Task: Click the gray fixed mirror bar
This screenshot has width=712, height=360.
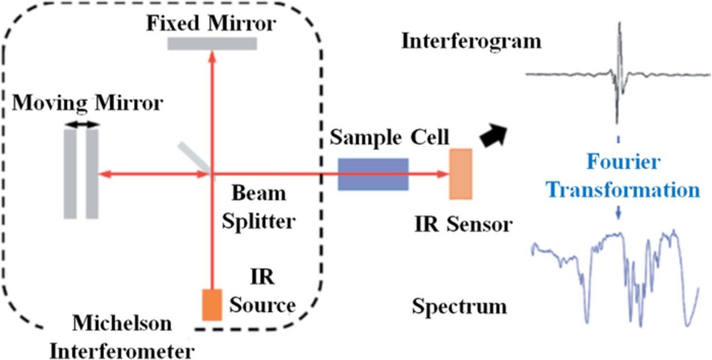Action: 212,43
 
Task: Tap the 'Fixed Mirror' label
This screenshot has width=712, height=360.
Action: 211,24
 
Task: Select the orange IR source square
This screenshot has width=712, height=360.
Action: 212,305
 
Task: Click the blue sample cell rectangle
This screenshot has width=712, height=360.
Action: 373,174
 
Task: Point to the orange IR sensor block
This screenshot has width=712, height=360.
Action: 461,174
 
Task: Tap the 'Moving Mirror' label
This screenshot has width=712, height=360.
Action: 87,103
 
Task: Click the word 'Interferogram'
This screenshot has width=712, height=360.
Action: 471,41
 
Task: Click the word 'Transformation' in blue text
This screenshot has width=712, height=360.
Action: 623,190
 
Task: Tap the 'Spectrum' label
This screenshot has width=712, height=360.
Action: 459,307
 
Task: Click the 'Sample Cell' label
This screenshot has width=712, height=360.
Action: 389,137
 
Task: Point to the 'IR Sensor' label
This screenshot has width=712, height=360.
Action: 463,225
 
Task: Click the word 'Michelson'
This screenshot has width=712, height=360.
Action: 122,323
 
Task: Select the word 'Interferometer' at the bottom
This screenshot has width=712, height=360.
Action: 122,351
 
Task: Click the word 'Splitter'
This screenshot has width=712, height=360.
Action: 258,221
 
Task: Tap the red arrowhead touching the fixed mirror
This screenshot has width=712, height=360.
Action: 211,56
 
